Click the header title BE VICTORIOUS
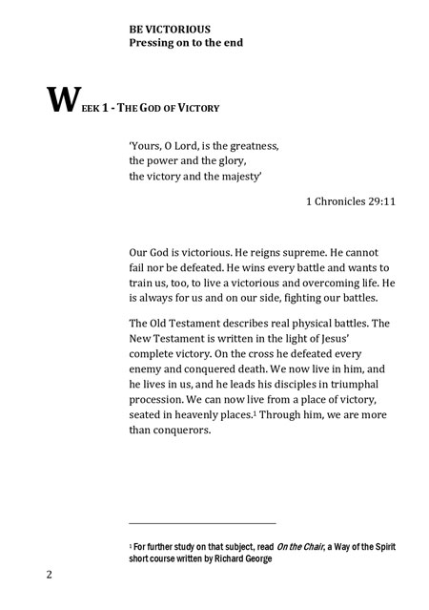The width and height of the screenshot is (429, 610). (171, 31)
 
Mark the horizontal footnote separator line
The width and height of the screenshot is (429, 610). (202, 523)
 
